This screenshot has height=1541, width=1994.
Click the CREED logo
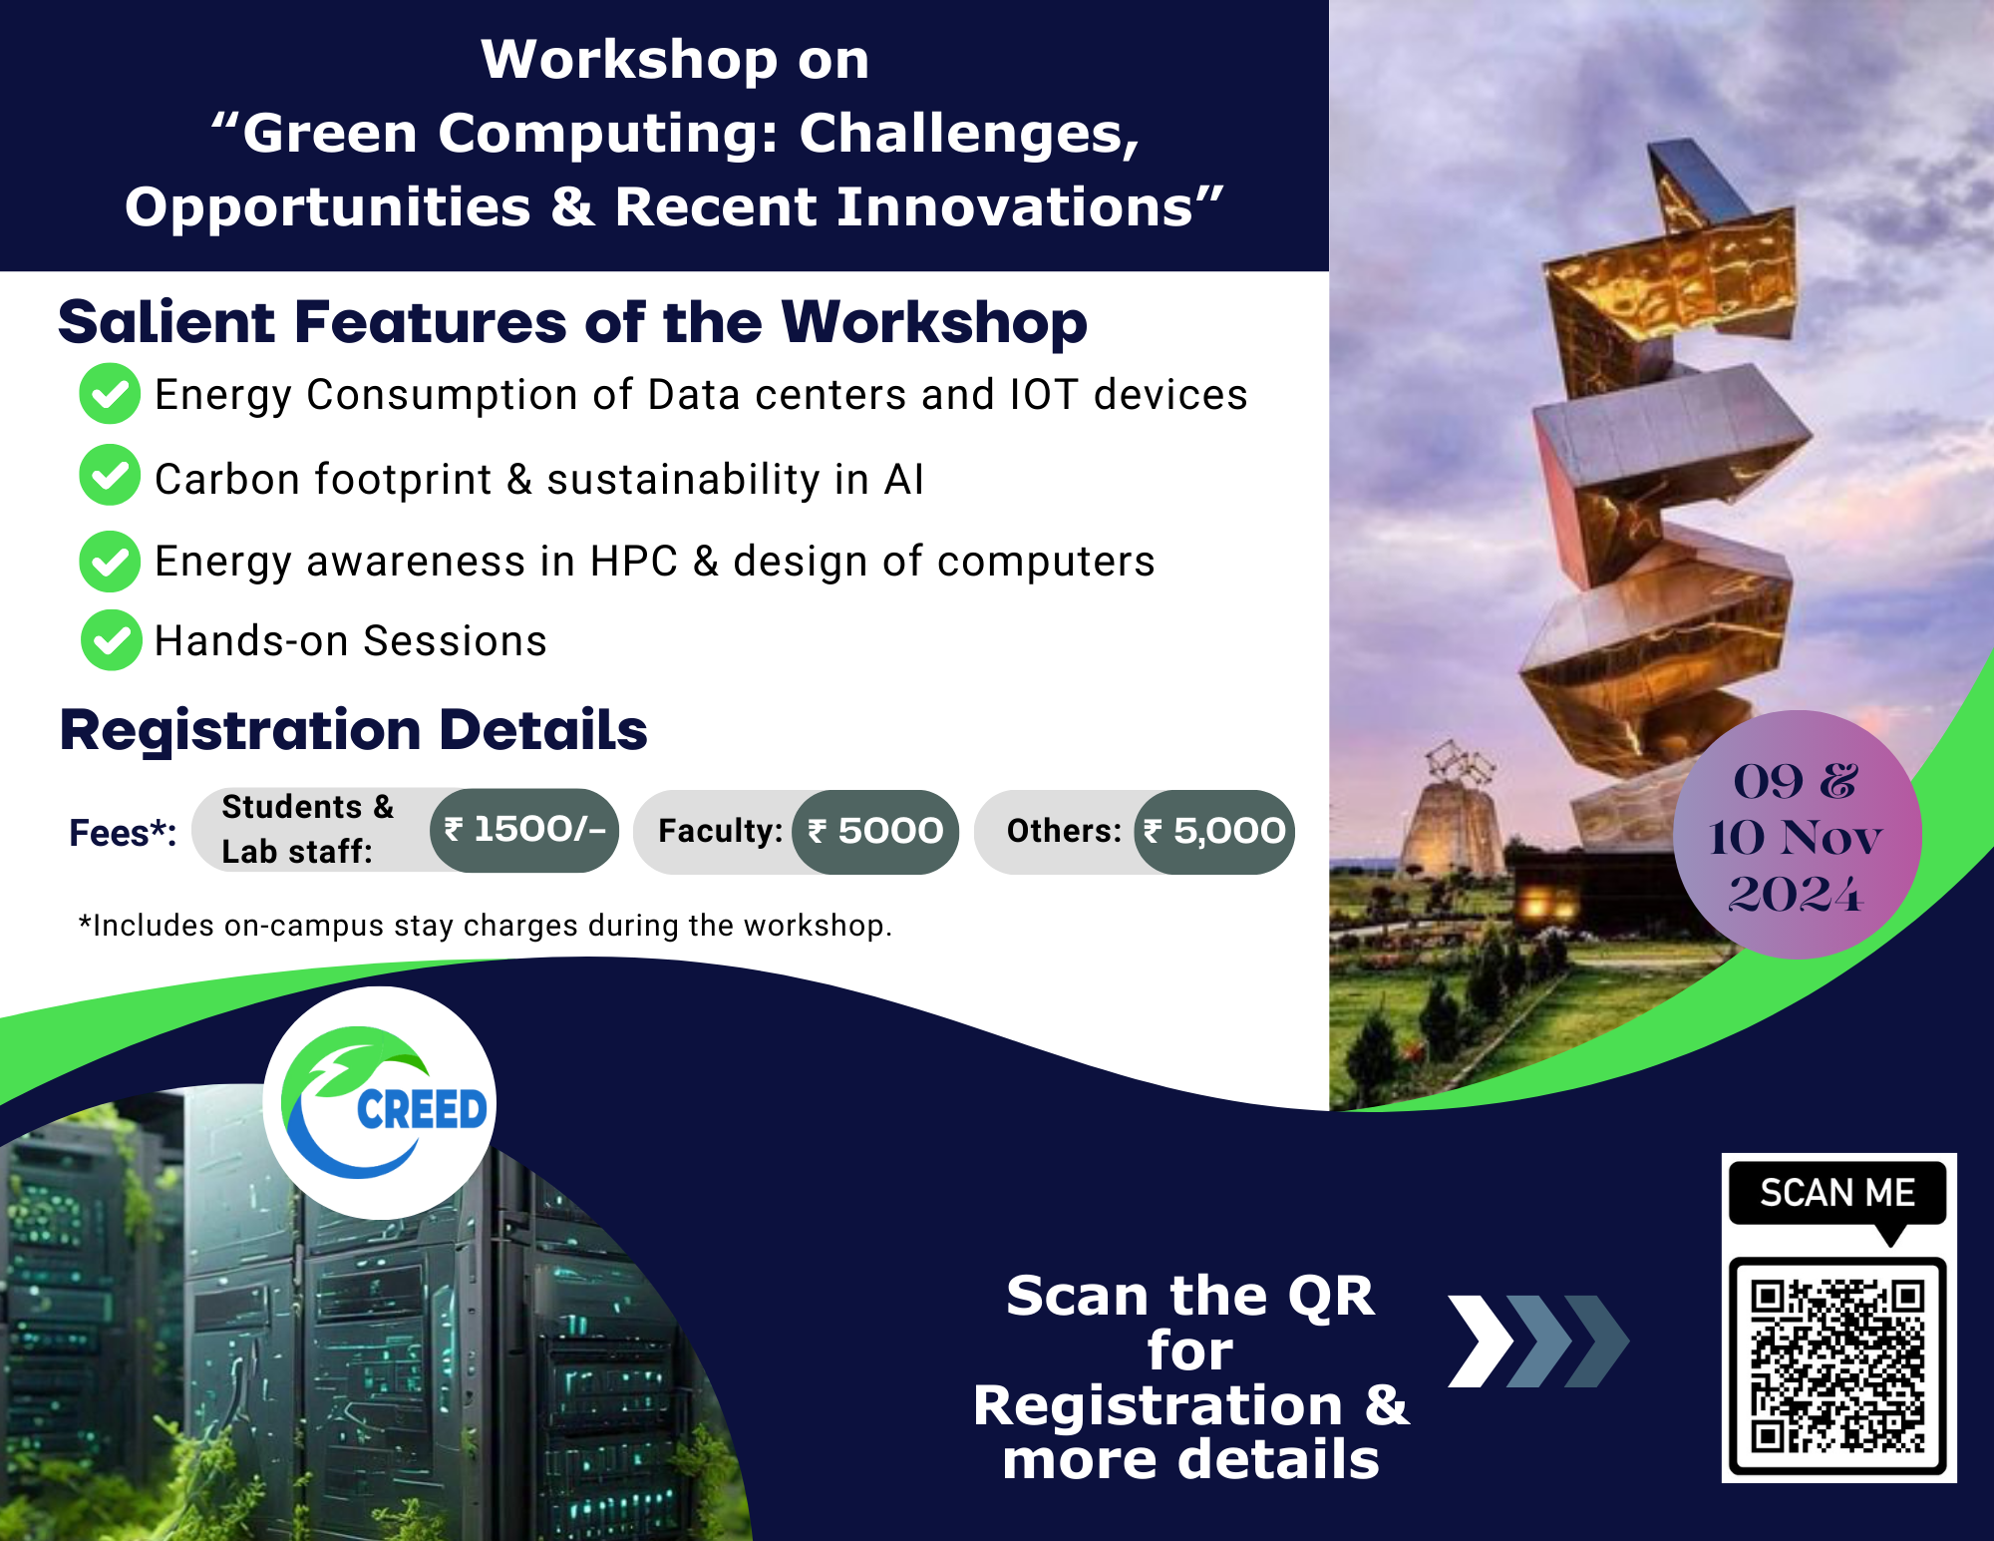tap(380, 1102)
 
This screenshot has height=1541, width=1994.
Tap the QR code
tap(1837, 1365)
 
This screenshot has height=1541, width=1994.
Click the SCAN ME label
tap(1837, 1193)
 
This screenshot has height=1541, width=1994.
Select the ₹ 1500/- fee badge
tap(524, 830)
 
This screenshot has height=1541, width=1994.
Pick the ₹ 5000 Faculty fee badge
tap(875, 831)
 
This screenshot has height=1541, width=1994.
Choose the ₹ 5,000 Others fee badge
tap(1214, 831)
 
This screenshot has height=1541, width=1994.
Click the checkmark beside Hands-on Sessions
tap(111, 639)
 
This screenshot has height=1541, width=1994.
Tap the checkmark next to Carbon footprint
tap(110, 475)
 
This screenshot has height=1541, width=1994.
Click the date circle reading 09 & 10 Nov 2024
tap(1797, 835)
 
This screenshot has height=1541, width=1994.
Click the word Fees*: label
tap(123, 833)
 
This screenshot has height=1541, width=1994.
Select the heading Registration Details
tap(354, 730)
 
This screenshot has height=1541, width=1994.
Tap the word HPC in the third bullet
tap(633, 562)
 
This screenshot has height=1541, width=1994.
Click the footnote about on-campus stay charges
tap(486, 926)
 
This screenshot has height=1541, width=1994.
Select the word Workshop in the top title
tap(629, 59)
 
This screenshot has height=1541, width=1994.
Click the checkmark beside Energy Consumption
tap(110, 393)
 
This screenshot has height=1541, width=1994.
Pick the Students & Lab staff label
tap(308, 829)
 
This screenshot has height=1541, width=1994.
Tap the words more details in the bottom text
tap(1191, 1460)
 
